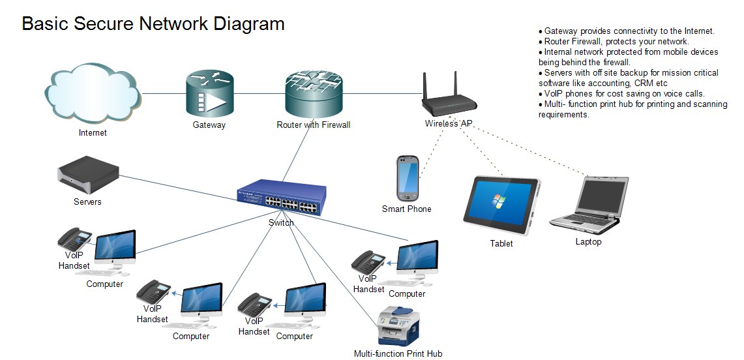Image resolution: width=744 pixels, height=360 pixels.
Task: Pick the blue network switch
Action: [x=282, y=197]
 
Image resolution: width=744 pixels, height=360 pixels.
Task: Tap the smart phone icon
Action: [x=407, y=178]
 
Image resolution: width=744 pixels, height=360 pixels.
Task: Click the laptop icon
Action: [x=588, y=204]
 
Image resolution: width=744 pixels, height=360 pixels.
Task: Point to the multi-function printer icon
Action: [x=398, y=326]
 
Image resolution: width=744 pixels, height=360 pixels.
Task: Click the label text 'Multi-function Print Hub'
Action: [x=398, y=353]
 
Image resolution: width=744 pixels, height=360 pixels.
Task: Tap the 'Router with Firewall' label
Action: [x=313, y=125]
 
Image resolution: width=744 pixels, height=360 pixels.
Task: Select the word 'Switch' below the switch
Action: [x=281, y=222]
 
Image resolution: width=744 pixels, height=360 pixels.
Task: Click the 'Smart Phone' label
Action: [x=406, y=209]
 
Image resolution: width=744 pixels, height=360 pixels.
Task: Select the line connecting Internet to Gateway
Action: [x=163, y=93]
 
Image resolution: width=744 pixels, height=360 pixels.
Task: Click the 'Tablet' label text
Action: [x=501, y=243]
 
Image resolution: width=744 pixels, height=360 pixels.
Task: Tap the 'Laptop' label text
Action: [x=588, y=241]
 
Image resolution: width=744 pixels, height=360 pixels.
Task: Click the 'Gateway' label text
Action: [x=209, y=125]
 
